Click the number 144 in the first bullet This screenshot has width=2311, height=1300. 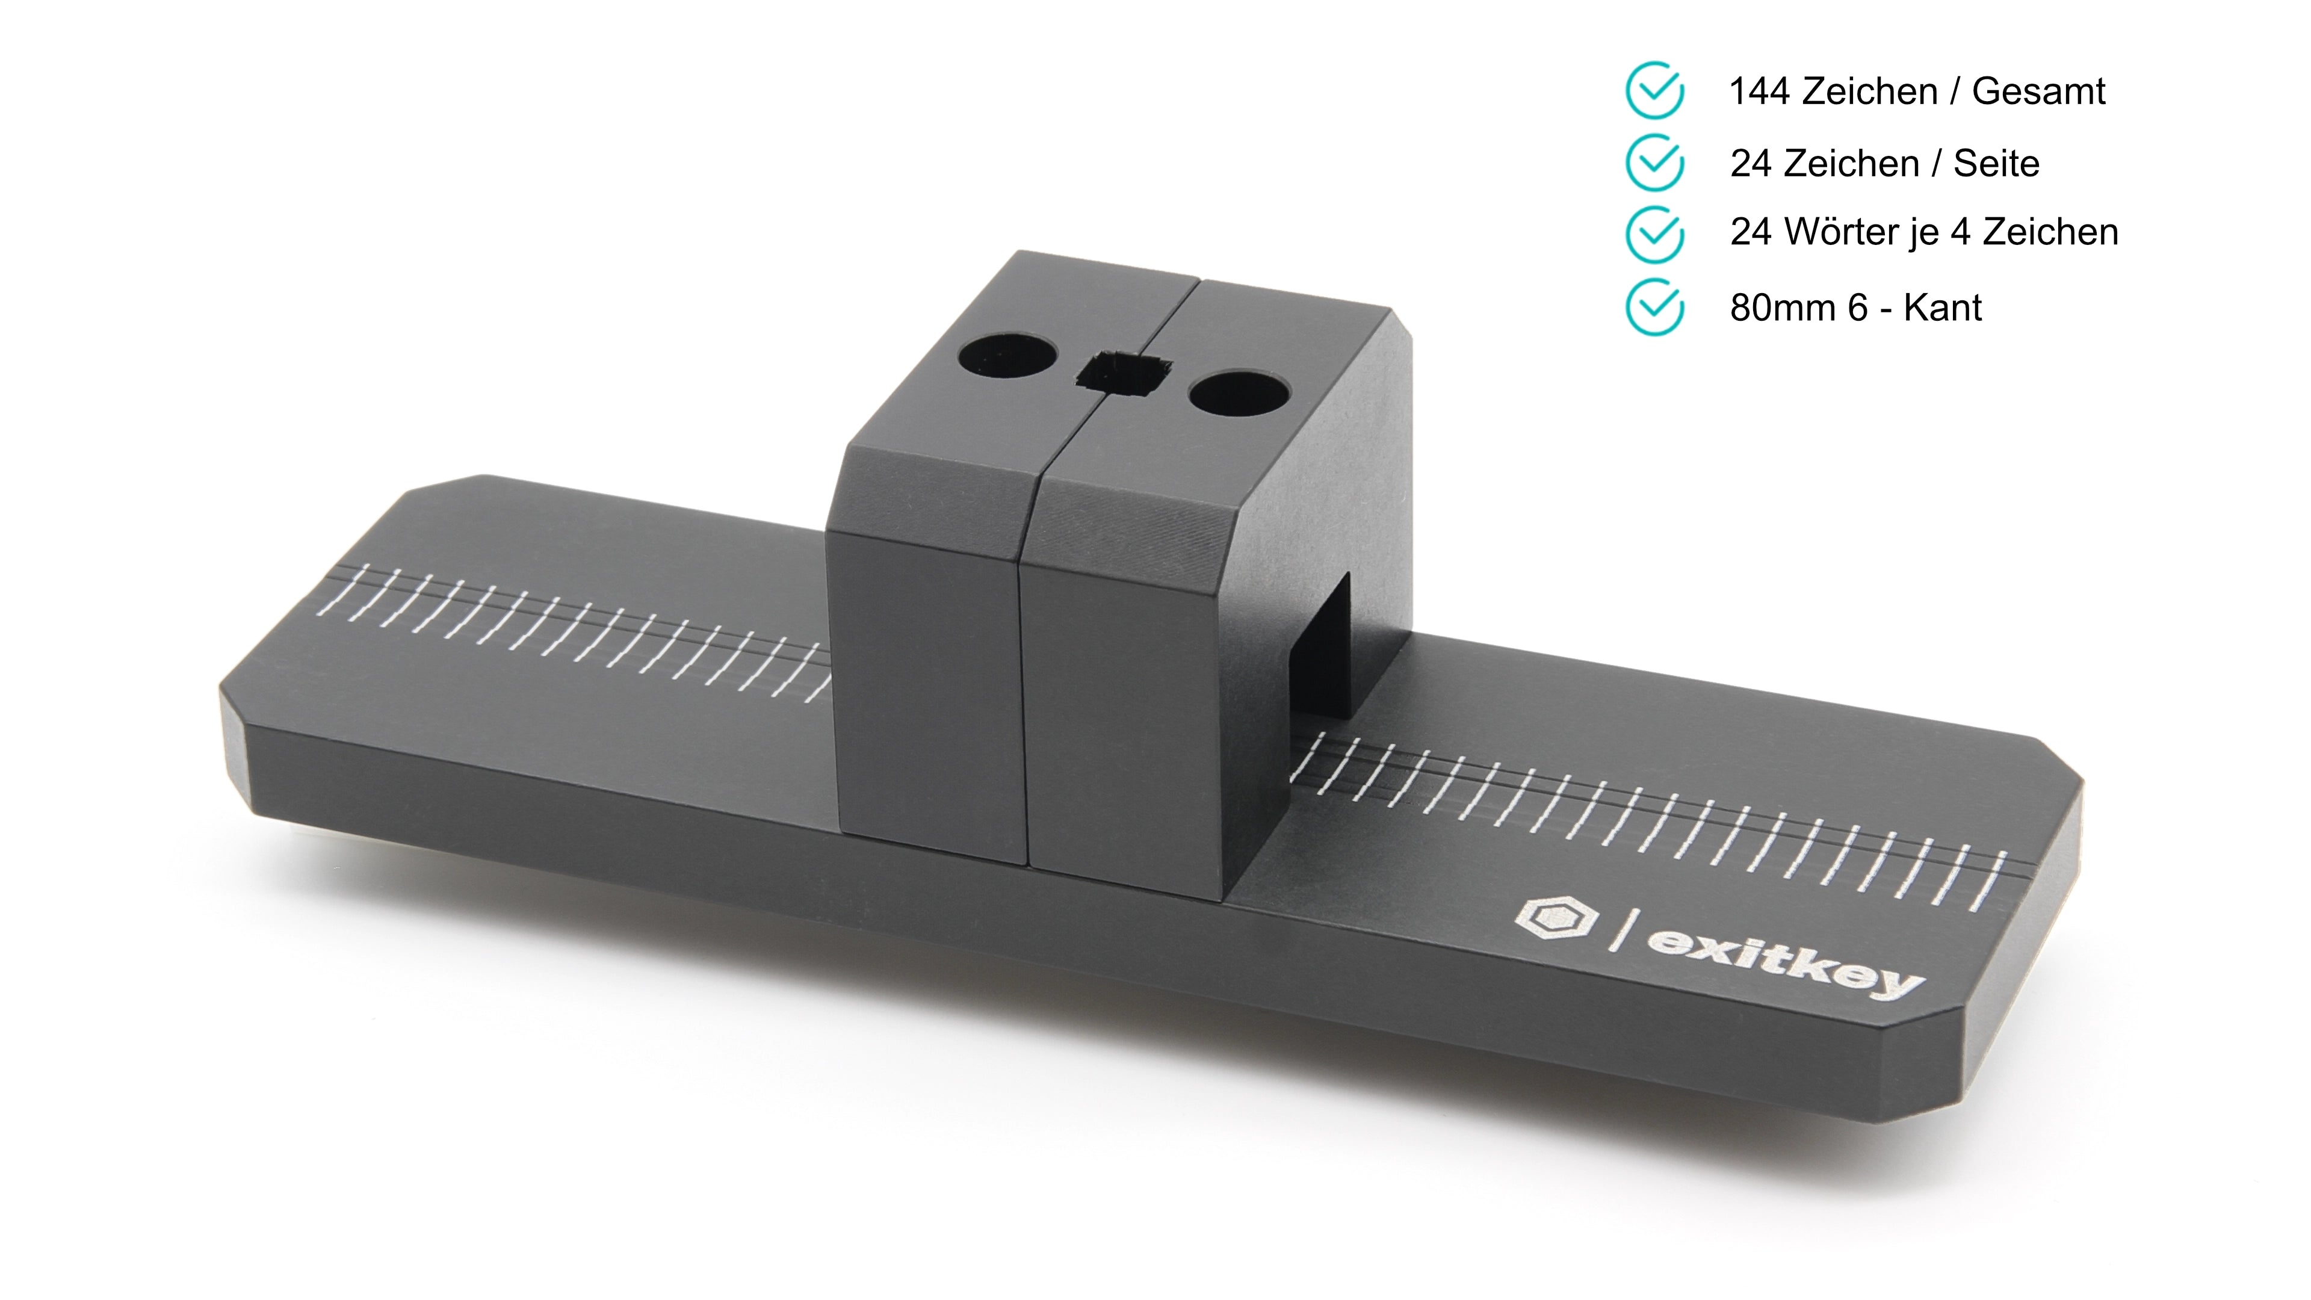point(1759,91)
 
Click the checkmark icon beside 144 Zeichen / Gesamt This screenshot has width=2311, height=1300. point(1654,91)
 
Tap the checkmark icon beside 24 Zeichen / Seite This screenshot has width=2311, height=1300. point(1654,162)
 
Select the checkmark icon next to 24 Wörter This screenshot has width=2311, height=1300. point(1654,234)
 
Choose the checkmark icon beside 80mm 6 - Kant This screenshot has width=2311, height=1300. point(1654,307)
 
